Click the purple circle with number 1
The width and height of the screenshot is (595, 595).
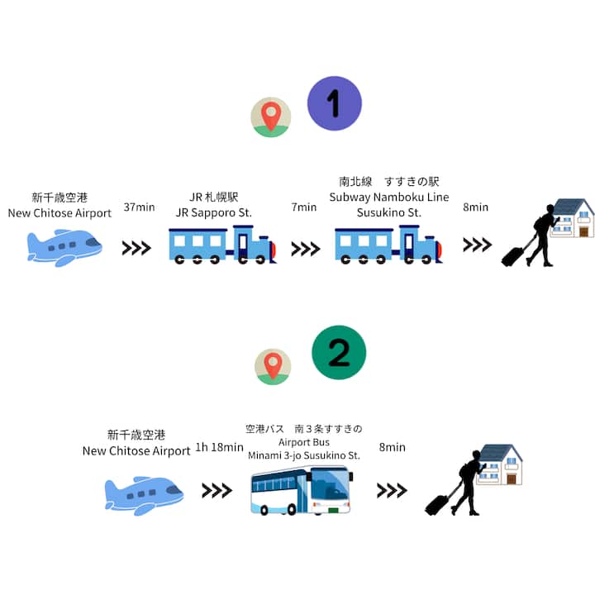point(334,103)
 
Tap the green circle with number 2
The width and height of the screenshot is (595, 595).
point(339,352)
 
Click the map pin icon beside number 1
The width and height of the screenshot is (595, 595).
point(271,117)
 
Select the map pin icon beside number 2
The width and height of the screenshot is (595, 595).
point(273,367)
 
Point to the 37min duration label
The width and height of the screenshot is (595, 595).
point(139,207)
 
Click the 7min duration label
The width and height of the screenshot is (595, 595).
point(304,207)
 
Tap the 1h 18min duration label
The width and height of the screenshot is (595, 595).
point(219,448)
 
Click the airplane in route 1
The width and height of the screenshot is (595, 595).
point(64,246)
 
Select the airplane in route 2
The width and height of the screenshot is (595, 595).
point(143,493)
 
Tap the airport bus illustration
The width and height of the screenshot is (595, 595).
point(301,490)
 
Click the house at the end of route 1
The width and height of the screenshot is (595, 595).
point(573,217)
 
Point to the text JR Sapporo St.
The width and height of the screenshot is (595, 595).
point(214,212)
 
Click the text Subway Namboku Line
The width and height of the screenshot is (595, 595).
point(389,197)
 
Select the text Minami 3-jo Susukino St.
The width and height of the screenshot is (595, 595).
point(304,455)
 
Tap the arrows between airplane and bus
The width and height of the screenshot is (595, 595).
point(217,491)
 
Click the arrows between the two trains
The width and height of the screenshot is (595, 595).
point(306,248)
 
